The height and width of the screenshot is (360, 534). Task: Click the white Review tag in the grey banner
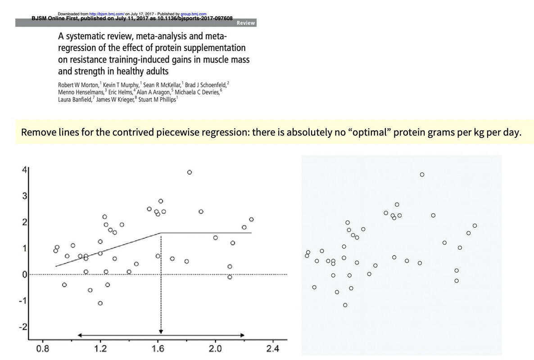click(x=245, y=23)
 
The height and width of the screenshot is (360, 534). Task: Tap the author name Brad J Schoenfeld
click(x=206, y=85)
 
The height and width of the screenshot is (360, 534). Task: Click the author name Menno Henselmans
click(x=81, y=92)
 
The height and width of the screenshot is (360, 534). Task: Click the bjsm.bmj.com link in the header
click(x=107, y=14)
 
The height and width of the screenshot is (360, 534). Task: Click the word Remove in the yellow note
click(x=38, y=132)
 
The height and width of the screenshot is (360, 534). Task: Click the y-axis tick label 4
click(x=24, y=170)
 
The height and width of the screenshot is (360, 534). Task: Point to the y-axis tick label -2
click(x=23, y=327)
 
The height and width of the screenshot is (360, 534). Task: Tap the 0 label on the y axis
click(x=24, y=274)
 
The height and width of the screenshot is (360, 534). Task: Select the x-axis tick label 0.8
click(x=43, y=348)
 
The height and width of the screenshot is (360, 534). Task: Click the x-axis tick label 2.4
click(x=272, y=348)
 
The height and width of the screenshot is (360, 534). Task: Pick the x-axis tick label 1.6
click(x=158, y=348)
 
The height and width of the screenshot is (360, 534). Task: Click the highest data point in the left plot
click(x=190, y=172)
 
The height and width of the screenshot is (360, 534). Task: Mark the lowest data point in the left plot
click(x=100, y=303)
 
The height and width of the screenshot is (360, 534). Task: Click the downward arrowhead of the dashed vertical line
click(x=161, y=331)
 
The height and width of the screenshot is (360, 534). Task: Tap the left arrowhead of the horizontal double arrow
click(x=80, y=335)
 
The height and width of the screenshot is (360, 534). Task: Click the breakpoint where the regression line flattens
click(x=161, y=233)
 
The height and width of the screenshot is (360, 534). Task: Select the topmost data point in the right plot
click(x=422, y=175)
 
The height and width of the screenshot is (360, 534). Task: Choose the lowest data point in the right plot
click(x=345, y=305)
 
